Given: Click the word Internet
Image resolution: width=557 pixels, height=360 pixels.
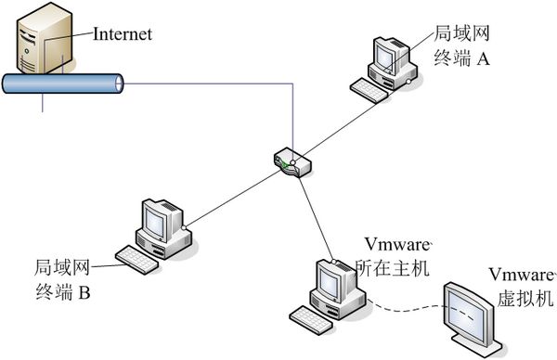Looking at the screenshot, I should pos(122,34).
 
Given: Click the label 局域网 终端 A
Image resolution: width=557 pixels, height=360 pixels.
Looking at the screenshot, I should pos(461,47).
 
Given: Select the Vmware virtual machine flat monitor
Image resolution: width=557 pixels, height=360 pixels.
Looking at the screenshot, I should pos(476,313).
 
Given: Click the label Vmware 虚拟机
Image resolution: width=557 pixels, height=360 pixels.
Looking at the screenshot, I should pos(520,287).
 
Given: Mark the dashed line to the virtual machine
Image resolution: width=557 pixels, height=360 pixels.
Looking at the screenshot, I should pos(404,307).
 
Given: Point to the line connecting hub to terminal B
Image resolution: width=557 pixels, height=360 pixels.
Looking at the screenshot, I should pos(232,199).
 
